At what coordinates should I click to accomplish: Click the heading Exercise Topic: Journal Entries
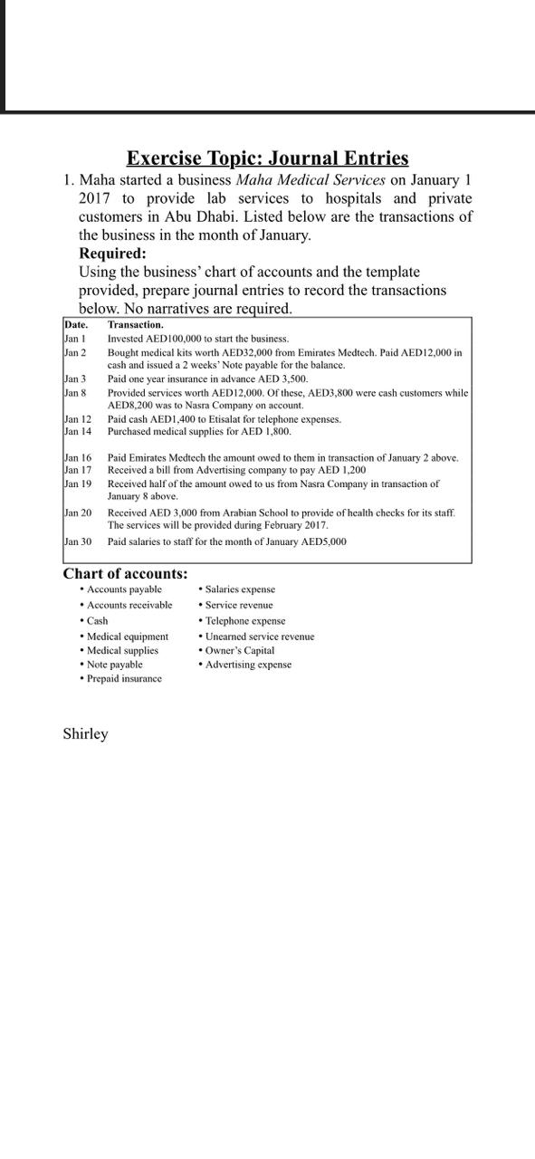pyautogui.click(x=267, y=158)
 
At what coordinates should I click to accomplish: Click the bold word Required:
pyautogui.click(x=112, y=254)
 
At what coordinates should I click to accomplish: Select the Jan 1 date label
pyautogui.click(x=75, y=338)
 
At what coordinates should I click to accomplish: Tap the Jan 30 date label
pyautogui.click(x=78, y=541)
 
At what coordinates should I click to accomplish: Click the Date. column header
pyautogui.click(x=76, y=324)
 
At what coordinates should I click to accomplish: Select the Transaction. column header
pyautogui.click(x=136, y=324)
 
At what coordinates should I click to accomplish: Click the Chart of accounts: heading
pyautogui.click(x=125, y=573)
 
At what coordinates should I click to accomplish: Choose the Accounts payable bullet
pyautogui.click(x=124, y=589)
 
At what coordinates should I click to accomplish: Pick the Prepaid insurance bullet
pyautogui.click(x=124, y=678)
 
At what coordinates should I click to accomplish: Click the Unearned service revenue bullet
pyautogui.click(x=259, y=637)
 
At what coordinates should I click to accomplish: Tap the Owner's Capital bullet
pyautogui.click(x=239, y=650)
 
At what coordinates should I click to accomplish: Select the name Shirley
pyautogui.click(x=85, y=733)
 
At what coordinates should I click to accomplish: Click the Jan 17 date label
pyautogui.click(x=78, y=471)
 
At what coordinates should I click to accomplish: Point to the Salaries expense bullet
pyautogui.click(x=240, y=589)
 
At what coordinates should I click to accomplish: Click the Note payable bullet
pyautogui.click(x=114, y=665)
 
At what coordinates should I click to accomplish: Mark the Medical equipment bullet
pyautogui.click(x=127, y=637)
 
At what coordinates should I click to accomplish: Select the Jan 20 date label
pyautogui.click(x=78, y=512)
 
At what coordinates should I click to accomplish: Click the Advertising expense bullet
pyautogui.click(x=248, y=665)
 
